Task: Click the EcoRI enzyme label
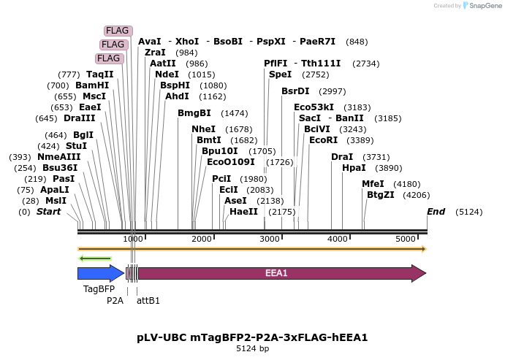324,139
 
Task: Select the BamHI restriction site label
92,85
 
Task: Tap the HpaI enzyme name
353,167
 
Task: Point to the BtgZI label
380,195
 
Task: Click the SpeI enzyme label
280,74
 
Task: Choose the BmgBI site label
194,113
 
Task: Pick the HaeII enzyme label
243,212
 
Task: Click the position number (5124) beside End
468,212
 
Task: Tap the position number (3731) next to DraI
376,157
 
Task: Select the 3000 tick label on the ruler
270,240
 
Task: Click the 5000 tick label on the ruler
406,240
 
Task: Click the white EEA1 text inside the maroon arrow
276,273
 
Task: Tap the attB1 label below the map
148,300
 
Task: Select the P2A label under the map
115,300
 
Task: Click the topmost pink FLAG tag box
118,31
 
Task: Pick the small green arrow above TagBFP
95,258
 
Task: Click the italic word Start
48,212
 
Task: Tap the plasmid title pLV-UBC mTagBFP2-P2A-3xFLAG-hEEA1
252,337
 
